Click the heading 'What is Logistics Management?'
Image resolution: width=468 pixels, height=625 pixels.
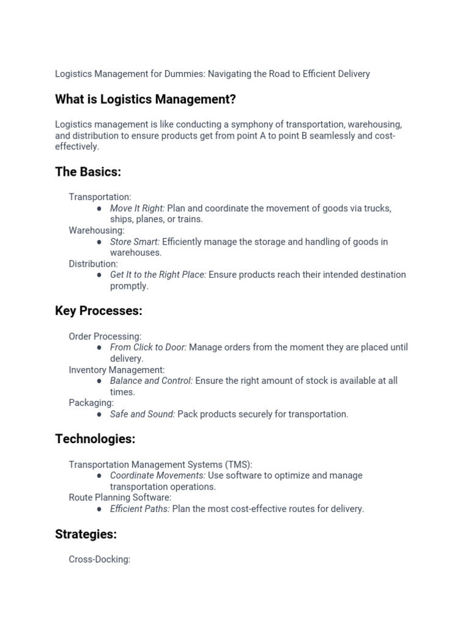145,99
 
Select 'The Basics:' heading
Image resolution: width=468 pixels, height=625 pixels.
88,172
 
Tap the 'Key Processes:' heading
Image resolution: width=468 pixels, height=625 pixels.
98,311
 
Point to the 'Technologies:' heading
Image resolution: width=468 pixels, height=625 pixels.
95,439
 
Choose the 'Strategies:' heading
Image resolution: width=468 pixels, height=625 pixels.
86,534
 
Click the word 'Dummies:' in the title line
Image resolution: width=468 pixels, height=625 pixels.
185,74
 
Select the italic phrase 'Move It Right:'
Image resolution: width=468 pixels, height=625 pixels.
137,208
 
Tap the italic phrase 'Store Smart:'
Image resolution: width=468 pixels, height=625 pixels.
135,242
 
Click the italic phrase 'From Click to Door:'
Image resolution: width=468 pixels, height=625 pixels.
148,347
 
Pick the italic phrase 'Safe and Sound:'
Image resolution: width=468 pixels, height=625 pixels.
142,414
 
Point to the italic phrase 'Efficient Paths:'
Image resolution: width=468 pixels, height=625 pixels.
140,508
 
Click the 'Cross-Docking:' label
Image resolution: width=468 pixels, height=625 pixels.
99,559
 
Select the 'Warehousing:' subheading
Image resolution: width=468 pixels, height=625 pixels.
96,230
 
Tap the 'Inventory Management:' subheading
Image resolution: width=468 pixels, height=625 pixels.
116,369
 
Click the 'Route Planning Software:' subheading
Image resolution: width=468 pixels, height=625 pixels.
120,497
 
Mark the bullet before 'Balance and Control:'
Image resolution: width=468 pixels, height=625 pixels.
99,381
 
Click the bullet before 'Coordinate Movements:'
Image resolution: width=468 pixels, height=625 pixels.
99,475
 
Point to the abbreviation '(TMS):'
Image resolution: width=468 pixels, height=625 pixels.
236,464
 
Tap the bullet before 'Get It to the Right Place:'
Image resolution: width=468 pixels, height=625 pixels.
99,275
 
